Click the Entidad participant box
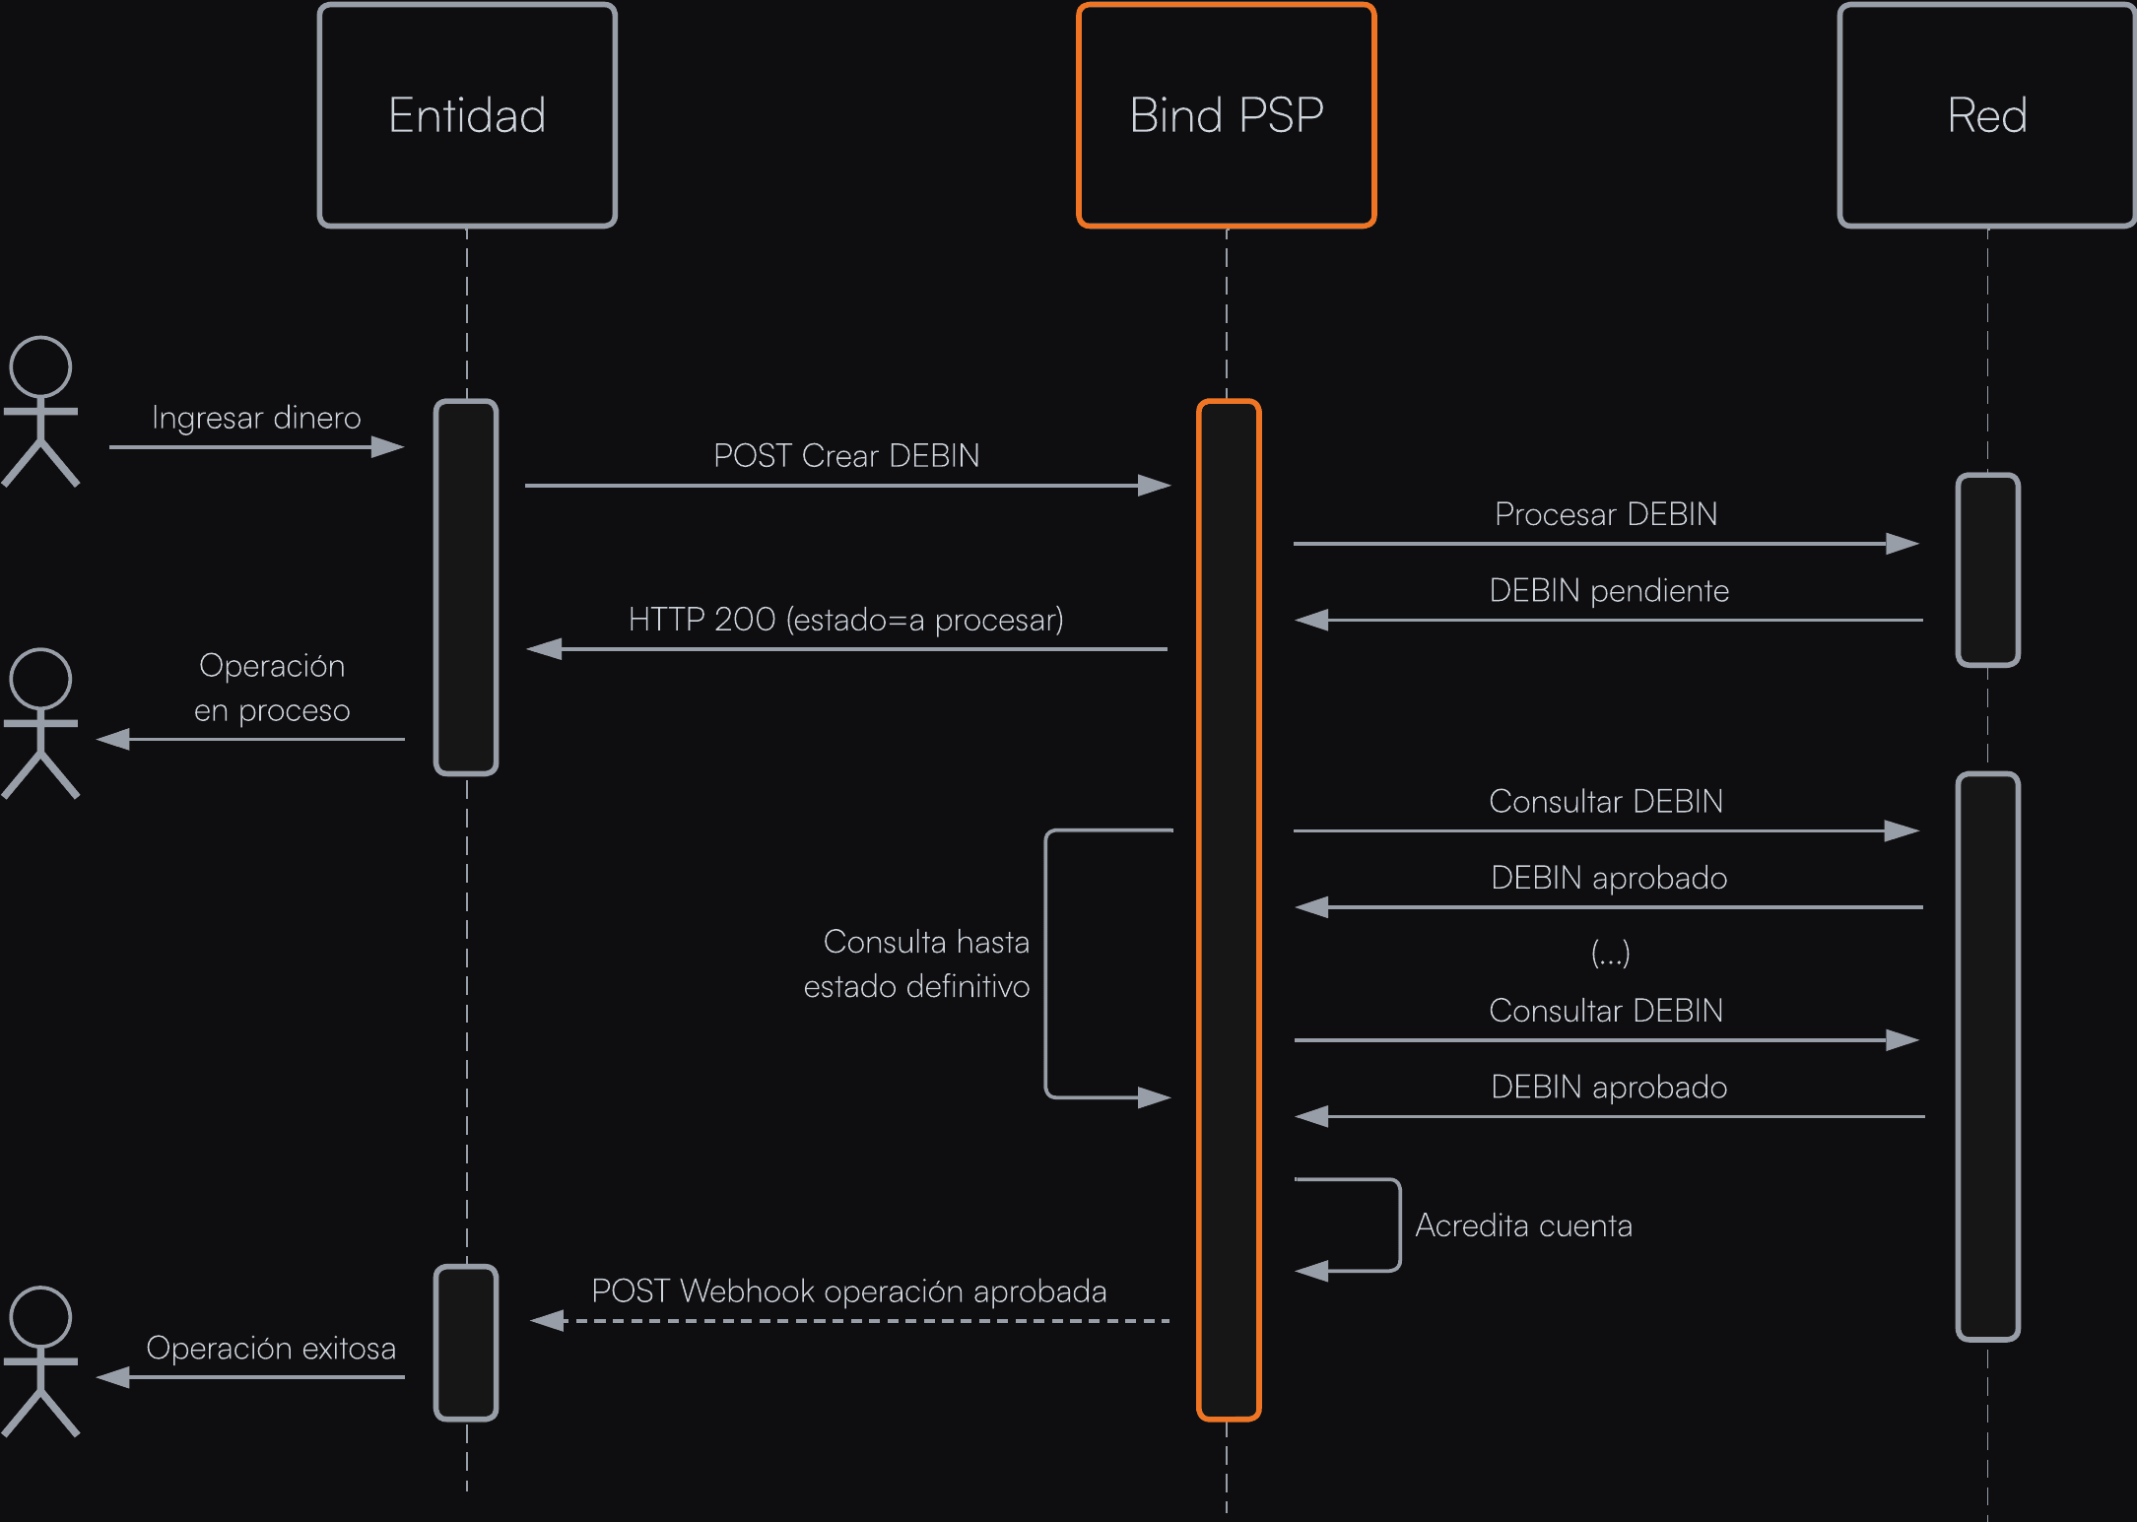click(467, 115)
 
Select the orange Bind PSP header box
click(1226, 115)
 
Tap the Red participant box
click(1986, 115)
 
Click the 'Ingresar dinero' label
click(256, 418)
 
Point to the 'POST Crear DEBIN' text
click(846, 456)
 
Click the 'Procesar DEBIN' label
click(1606, 514)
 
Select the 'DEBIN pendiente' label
click(1609, 591)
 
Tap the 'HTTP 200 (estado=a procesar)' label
click(846, 620)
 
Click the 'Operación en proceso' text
click(272, 688)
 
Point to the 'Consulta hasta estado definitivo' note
click(917, 963)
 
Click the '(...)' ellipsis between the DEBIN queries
click(1610, 953)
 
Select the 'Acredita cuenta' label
click(1523, 1225)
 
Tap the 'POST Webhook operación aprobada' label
click(848, 1291)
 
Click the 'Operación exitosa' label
click(271, 1348)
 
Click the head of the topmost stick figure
click(40, 367)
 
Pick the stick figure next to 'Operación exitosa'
click(40, 1361)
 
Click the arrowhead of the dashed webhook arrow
click(548, 1321)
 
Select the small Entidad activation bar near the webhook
click(466, 1342)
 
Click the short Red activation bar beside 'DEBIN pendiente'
click(1987, 569)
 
